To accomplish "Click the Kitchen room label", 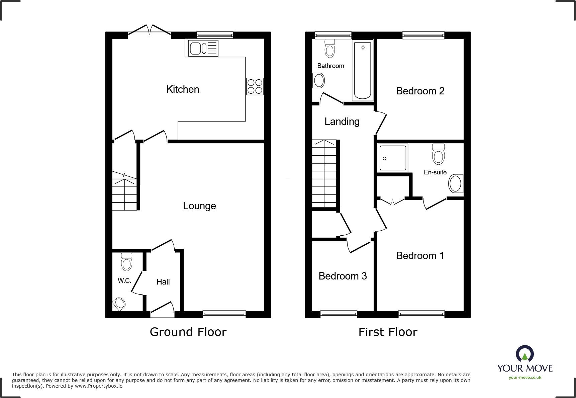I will (x=183, y=89).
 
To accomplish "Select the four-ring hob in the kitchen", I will (x=255, y=86).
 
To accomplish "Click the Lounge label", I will (x=199, y=206).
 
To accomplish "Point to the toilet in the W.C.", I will (x=127, y=262).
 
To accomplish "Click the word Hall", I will (x=163, y=282).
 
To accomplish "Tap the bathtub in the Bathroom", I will (x=363, y=70).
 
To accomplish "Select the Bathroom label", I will (x=330, y=66).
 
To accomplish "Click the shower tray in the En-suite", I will (x=393, y=158).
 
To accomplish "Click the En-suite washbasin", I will (x=456, y=183).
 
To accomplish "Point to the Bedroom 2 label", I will (x=420, y=91).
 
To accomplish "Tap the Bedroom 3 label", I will (x=343, y=276).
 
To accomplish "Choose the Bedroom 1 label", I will (x=420, y=256).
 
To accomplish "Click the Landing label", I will (x=342, y=122).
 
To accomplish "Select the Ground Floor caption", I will (x=188, y=332).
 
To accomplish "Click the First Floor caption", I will (x=388, y=332).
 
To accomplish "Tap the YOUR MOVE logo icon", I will (x=525, y=354).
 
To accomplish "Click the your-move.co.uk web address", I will (x=525, y=378).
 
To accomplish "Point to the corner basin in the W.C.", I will (x=119, y=304).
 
